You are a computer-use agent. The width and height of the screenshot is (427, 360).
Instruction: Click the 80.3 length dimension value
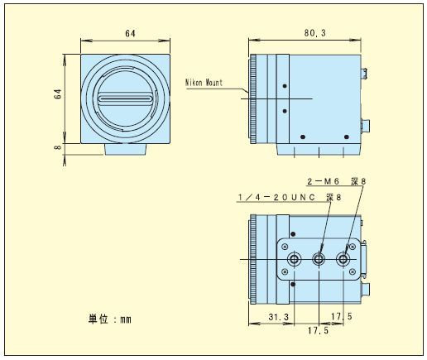[314, 33]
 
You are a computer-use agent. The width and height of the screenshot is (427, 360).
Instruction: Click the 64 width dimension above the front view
[130, 33]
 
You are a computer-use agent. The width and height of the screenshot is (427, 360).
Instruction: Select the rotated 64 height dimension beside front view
[58, 94]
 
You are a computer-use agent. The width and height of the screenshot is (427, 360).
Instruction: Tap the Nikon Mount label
[204, 83]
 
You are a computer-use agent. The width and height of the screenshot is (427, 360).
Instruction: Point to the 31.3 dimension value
[279, 317]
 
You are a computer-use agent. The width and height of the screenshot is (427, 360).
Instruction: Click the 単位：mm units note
[110, 319]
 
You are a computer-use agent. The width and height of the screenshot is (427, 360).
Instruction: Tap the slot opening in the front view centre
[126, 98]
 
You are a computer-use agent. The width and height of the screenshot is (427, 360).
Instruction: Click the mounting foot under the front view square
[126, 149]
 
